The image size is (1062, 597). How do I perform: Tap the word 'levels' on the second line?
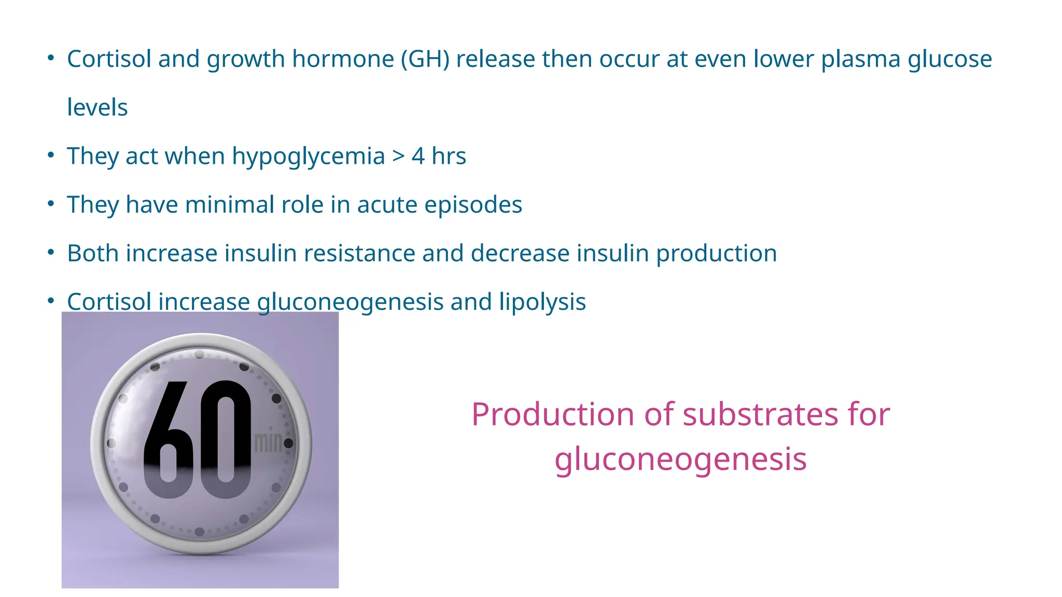(97, 108)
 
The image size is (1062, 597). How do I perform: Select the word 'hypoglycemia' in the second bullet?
(308, 157)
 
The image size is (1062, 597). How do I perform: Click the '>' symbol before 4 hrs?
(398, 157)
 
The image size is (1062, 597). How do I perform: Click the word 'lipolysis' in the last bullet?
(542, 302)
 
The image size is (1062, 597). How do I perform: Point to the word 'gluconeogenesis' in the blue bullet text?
(350, 303)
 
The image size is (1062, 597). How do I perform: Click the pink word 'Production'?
(553, 415)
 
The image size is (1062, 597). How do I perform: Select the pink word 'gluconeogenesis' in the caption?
(680, 460)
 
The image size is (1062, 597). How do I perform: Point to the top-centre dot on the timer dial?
(200, 354)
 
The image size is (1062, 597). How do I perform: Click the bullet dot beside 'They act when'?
(51, 155)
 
